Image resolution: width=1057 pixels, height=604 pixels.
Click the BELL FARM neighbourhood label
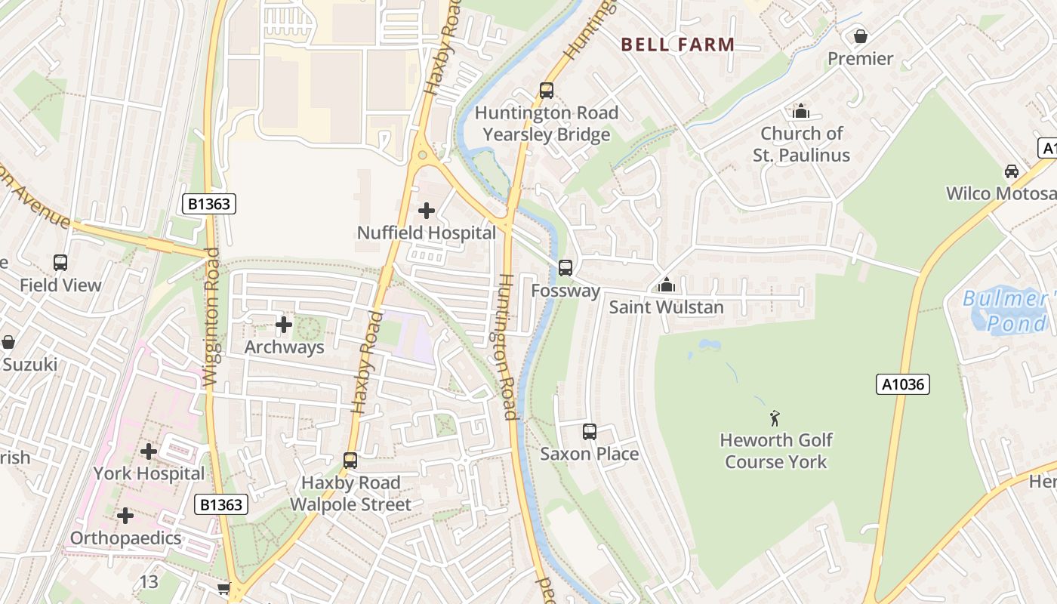[x=677, y=45]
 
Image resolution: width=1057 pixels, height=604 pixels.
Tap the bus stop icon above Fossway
[x=565, y=268]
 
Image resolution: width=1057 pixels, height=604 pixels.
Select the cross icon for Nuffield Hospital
[x=427, y=211]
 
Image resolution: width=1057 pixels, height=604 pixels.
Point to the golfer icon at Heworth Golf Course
[x=775, y=418]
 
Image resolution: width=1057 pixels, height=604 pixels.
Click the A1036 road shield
[x=903, y=384]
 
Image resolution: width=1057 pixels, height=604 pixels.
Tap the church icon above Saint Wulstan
[x=666, y=285]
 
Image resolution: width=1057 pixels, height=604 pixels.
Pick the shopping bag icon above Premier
[x=860, y=36]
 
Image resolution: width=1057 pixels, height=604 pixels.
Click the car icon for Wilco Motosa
[x=1012, y=171]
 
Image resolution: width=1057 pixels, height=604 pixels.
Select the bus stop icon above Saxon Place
[x=590, y=432]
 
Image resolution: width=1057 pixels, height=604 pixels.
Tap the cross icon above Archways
[x=284, y=325]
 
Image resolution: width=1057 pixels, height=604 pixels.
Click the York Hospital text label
[x=149, y=473]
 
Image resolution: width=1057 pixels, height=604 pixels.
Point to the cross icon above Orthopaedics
[x=125, y=516]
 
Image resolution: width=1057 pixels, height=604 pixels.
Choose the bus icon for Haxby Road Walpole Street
[x=350, y=461]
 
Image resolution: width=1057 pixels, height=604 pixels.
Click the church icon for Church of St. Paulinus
[x=801, y=112]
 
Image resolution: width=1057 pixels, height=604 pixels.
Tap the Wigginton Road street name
[x=212, y=317]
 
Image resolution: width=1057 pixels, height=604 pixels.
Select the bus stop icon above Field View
[x=60, y=263]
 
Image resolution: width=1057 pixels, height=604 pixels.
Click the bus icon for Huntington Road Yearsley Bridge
[x=547, y=91]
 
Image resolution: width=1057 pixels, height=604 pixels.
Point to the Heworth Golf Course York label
[x=775, y=451]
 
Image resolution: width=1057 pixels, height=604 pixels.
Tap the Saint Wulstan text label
[x=666, y=307]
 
